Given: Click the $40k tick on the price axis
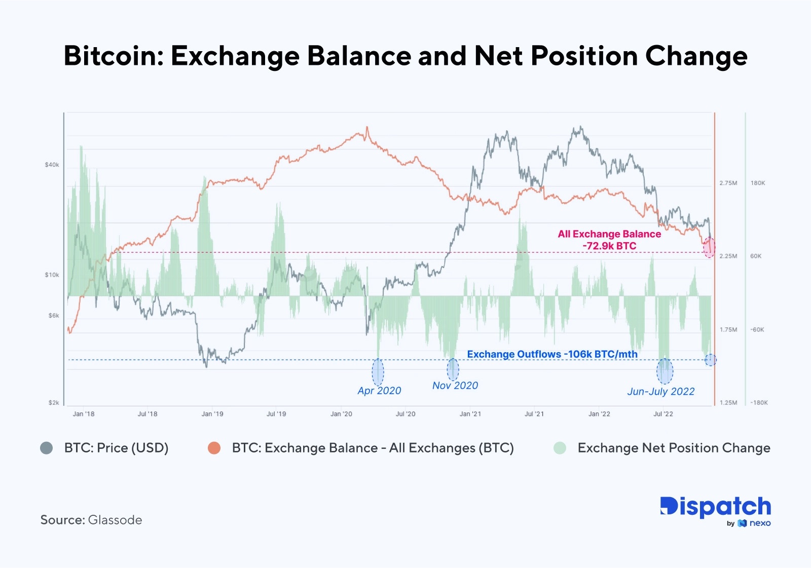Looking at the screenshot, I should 52,165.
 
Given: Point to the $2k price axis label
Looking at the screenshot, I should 54,403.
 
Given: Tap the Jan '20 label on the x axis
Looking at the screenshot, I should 341,414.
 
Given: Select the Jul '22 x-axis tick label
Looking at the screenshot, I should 663,414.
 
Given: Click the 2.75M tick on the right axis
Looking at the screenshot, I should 728,183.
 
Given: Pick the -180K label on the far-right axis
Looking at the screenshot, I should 759,403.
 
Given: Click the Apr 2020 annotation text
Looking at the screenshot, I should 379,391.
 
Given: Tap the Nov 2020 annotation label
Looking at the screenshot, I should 455,386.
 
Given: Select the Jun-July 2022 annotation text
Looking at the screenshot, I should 661,392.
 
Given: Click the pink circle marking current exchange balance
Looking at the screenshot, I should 709,247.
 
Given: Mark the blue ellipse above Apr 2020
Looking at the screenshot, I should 378,372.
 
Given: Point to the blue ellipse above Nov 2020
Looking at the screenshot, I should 453,369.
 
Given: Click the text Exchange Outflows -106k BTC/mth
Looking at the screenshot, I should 552,354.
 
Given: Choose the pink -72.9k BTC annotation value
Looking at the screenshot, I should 609,246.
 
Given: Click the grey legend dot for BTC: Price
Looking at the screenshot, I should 47,448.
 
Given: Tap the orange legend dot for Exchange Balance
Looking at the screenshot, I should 214,448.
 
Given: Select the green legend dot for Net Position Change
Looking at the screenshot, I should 560,448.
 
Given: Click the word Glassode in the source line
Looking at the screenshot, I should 115,520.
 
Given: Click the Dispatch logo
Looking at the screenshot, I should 715,507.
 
